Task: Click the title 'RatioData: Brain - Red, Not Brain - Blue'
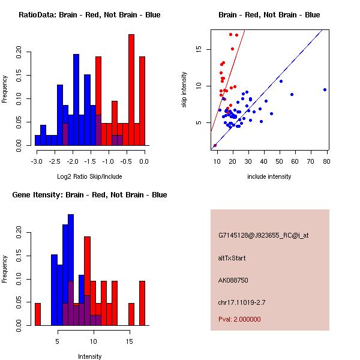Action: coord(89,14)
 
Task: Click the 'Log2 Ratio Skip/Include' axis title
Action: coord(89,176)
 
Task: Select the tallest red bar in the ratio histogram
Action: coord(131,90)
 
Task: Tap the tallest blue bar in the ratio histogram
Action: coord(76,99)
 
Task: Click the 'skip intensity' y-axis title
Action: coord(185,90)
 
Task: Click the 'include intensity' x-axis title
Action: coord(269,176)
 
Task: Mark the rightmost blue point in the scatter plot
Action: coord(325,89)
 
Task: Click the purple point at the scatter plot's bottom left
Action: coord(215,145)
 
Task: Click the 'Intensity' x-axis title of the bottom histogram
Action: coord(89,356)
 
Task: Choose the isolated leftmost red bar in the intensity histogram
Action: coord(38,314)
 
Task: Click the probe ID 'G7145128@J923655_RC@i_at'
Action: coord(263,236)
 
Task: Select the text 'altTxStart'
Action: coord(232,258)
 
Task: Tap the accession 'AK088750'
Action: coord(233,280)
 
